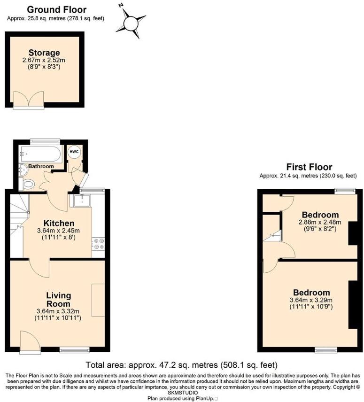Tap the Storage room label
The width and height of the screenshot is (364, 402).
click(x=44, y=53)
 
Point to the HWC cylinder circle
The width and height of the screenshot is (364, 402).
click(x=74, y=152)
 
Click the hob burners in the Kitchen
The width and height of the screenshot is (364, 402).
click(x=99, y=243)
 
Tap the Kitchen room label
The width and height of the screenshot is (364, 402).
click(x=59, y=223)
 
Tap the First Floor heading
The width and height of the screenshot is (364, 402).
click(x=309, y=167)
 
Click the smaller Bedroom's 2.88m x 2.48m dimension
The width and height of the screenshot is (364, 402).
click(x=319, y=222)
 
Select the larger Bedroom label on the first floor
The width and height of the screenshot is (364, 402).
click(x=312, y=292)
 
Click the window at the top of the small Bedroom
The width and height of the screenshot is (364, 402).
click(x=342, y=191)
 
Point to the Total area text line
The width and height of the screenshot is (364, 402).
click(x=182, y=365)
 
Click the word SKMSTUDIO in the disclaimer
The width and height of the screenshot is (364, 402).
click(x=182, y=392)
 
